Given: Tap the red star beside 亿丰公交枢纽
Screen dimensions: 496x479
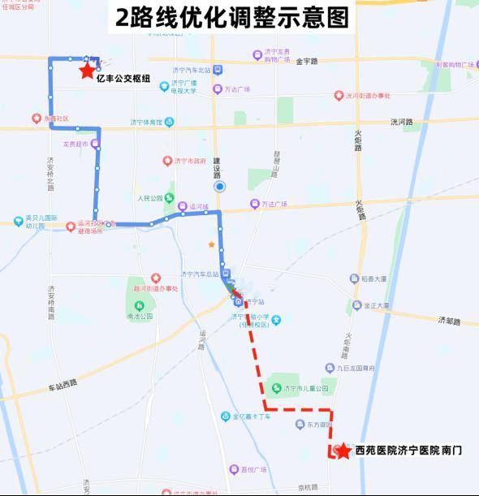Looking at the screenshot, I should coord(87,71).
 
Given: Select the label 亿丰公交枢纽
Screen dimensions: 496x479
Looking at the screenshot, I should coord(123,79).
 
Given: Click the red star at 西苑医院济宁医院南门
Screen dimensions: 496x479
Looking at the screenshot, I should coord(343,451).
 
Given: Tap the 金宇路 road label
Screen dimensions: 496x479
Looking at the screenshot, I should coord(308,61).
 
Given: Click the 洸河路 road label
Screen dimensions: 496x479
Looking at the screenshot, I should coord(401,122).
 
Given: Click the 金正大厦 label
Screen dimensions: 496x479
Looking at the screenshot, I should coord(376,306).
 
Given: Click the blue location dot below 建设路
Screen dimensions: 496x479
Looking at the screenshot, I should coord(219,186).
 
